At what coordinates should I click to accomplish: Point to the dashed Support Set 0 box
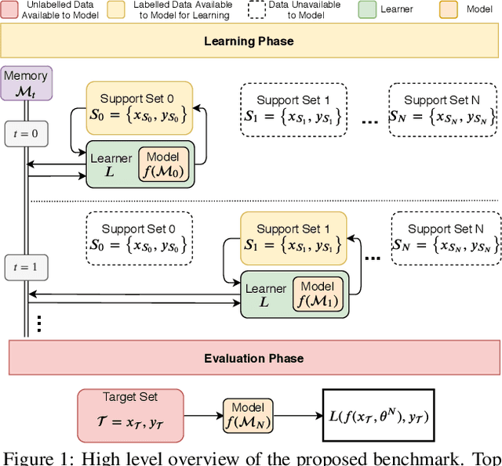139,236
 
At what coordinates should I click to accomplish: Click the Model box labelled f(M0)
164,165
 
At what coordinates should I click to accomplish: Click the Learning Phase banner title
249,41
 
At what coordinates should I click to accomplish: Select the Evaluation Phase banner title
253,359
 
